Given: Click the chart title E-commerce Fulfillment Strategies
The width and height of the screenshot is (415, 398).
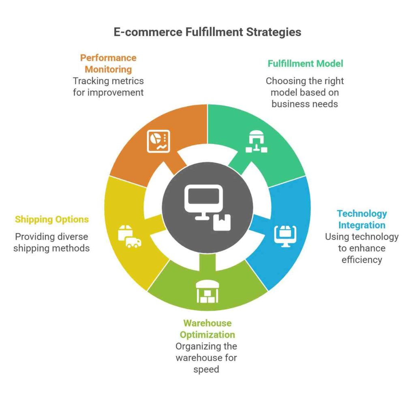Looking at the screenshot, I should click(x=207, y=32).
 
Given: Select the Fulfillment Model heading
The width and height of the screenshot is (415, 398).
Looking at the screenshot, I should click(x=305, y=64).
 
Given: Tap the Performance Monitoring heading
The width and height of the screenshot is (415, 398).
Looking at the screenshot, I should click(x=108, y=63).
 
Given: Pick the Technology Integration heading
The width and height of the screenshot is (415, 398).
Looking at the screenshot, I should click(x=362, y=219).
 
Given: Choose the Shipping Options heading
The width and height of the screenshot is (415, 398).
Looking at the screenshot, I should click(x=52, y=219).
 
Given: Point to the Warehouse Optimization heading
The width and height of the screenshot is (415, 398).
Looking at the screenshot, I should click(x=207, y=329).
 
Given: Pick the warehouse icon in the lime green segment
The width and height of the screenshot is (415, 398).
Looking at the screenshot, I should click(x=207, y=291).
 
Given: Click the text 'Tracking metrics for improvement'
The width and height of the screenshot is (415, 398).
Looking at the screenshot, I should click(x=108, y=87).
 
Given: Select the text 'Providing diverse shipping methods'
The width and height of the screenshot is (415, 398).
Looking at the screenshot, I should click(x=51, y=242).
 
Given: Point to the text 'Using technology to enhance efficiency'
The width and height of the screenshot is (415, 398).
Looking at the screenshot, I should click(x=362, y=248).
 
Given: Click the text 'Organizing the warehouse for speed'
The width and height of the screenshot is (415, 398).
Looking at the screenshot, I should click(x=206, y=358).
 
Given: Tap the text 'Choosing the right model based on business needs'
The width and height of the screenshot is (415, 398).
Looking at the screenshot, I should click(x=305, y=92).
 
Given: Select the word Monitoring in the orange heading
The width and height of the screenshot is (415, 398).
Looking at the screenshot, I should click(x=108, y=69).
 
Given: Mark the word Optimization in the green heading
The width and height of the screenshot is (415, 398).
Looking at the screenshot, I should click(x=207, y=335).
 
